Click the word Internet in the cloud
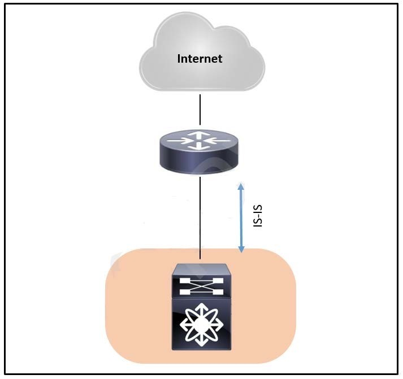click(x=200, y=59)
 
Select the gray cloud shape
click(x=202, y=52)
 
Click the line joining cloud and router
click(x=200, y=110)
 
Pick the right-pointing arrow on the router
click(x=182, y=141)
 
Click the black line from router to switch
click(x=200, y=218)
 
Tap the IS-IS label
click(x=258, y=216)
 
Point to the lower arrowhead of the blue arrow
click(x=241, y=249)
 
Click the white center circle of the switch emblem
click(x=201, y=324)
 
